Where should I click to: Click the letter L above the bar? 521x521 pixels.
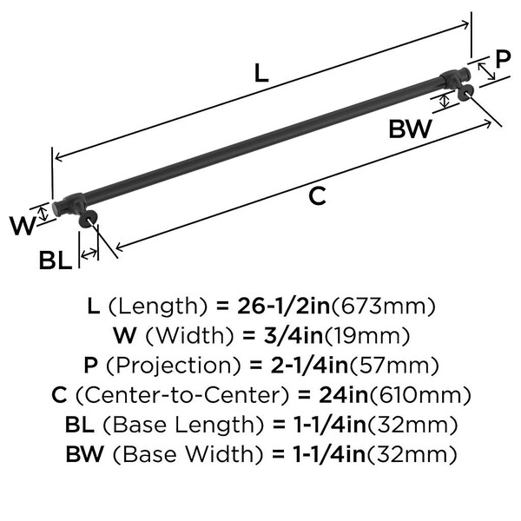tap(261, 73)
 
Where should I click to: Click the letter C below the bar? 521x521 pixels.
tap(317, 196)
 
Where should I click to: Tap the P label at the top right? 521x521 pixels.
tap(503, 59)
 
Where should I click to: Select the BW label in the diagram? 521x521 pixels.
tap(411, 129)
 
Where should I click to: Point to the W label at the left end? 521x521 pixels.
tap(23, 226)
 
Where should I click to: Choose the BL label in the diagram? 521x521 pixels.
tap(56, 260)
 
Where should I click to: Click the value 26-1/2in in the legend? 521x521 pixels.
tap(283, 306)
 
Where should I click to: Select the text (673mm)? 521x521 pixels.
tap(384, 307)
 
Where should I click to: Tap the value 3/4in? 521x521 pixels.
tap(293, 335)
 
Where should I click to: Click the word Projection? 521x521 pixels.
tap(173, 366)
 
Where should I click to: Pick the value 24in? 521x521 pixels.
tap(344, 395)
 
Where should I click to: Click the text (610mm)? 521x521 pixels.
tap(420, 395)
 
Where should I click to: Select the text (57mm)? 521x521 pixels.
tap(394, 366)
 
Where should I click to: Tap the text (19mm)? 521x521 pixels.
tap(366, 336)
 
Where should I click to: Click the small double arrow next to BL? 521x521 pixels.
tap(89, 254)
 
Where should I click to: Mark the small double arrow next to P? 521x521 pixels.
tap(486, 71)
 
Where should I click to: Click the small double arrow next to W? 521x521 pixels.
tap(43, 214)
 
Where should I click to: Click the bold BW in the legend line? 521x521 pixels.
tap(85, 454)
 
